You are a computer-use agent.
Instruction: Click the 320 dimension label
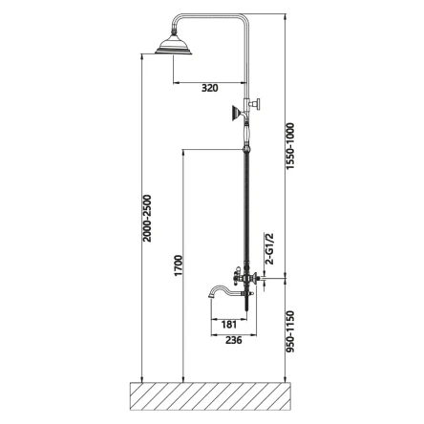click(x=210, y=88)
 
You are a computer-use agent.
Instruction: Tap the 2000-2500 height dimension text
click(x=147, y=219)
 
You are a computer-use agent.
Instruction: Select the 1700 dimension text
click(x=179, y=265)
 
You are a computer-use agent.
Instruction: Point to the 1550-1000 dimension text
click(x=290, y=146)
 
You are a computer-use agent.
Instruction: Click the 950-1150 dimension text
click(x=290, y=331)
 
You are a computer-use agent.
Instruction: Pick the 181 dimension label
click(x=229, y=325)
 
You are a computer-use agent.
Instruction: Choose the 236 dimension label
click(x=234, y=340)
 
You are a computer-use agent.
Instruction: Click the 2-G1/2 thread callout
click(x=269, y=249)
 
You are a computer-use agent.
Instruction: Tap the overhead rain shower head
click(x=174, y=44)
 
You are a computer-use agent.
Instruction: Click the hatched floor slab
click(x=211, y=396)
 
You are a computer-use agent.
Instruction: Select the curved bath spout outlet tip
click(x=211, y=296)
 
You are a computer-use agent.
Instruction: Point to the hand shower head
click(x=236, y=113)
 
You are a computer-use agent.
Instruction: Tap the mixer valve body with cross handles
click(x=246, y=278)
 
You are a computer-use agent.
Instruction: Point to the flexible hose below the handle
click(x=246, y=207)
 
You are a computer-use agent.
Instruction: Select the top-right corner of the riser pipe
click(x=248, y=14)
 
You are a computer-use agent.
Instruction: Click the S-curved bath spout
click(x=225, y=291)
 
